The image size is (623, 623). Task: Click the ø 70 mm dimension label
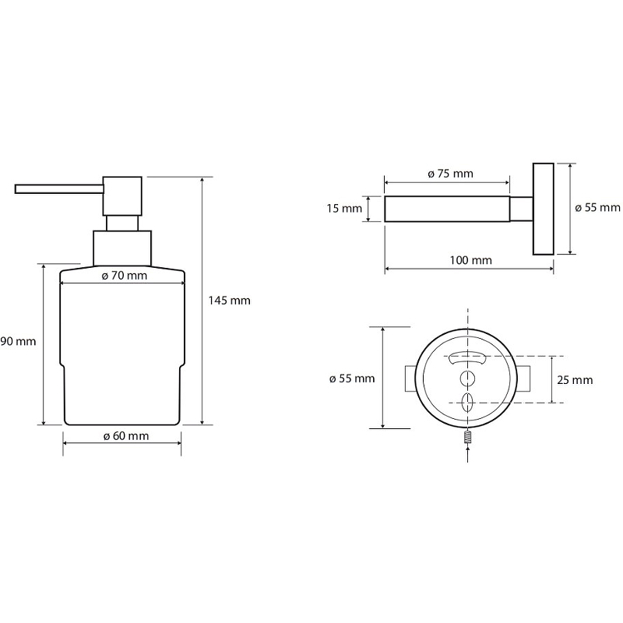coord(125,275)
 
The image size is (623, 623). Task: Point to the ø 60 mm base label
coord(125,435)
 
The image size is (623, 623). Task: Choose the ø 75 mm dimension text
coord(450,174)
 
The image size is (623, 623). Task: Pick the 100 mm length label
coord(470,260)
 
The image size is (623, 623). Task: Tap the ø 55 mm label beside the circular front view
coord(352,378)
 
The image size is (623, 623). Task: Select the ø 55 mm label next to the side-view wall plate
coord(597,207)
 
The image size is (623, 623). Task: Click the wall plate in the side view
coord(543,209)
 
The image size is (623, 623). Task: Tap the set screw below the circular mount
coord(468,438)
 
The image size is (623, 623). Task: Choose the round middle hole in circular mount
coord(468,378)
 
